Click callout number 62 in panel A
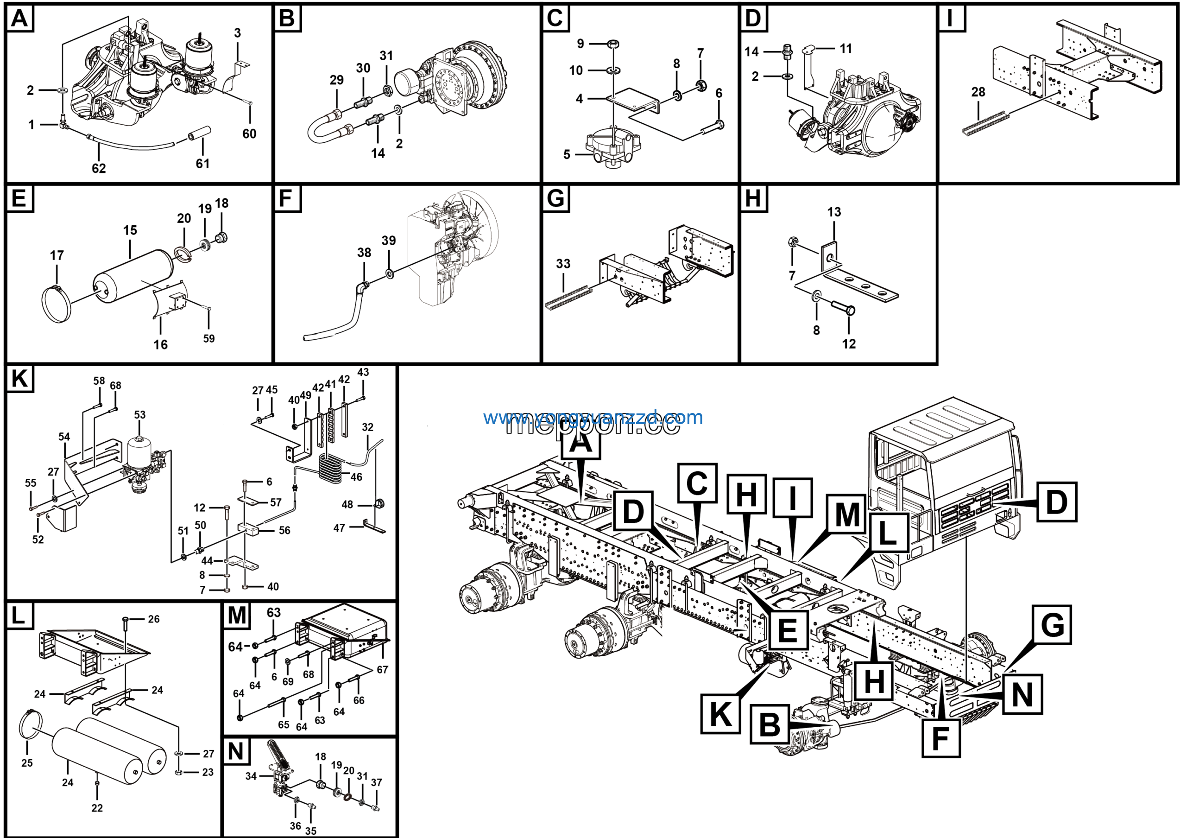pyautogui.click(x=99, y=168)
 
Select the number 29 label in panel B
pyautogui.click(x=336, y=80)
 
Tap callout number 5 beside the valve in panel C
pyautogui.click(x=567, y=154)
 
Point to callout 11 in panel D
pyautogui.click(x=845, y=49)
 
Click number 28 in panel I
pyautogui.click(x=978, y=92)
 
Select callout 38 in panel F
pyautogui.click(x=364, y=252)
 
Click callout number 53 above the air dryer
pyautogui.click(x=139, y=414)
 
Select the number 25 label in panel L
pyautogui.click(x=27, y=762)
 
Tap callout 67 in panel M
pyautogui.click(x=382, y=670)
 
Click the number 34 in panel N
pyautogui.click(x=251, y=776)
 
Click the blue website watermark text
pyautogui.click(x=593, y=417)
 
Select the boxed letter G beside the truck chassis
pyautogui.click(x=1052, y=625)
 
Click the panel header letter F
pyautogui.click(x=286, y=198)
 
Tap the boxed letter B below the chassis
pyautogui.click(x=769, y=724)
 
